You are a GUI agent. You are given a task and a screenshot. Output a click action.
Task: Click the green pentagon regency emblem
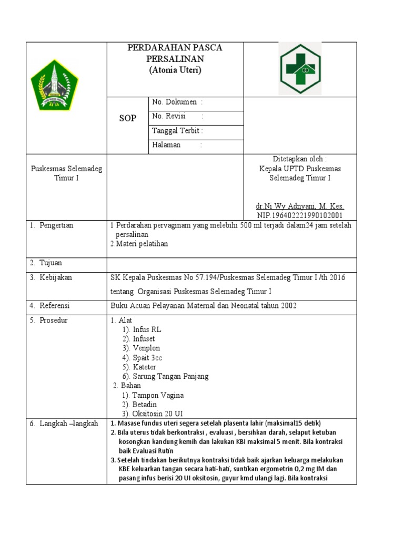[54, 85]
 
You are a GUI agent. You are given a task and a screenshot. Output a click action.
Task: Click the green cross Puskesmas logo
[300, 69]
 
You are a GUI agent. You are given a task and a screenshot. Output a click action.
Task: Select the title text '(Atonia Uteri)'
[175, 69]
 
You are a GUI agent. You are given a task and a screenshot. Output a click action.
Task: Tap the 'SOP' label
[128, 118]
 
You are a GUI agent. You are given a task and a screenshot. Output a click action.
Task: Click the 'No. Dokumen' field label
[175, 102]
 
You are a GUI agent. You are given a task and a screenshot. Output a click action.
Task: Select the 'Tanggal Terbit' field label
[176, 130]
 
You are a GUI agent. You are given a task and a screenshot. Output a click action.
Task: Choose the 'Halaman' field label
[166, 144]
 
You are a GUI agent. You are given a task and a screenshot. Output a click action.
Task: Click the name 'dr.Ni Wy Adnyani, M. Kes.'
[300, 206]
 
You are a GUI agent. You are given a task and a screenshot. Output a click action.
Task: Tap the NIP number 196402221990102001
[300, 215]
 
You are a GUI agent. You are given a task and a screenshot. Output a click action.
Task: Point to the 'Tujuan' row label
[50, 263]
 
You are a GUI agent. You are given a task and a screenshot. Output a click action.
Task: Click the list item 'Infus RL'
[147, 329]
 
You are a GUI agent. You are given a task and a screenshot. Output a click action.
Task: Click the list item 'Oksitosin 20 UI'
[157, 413]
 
